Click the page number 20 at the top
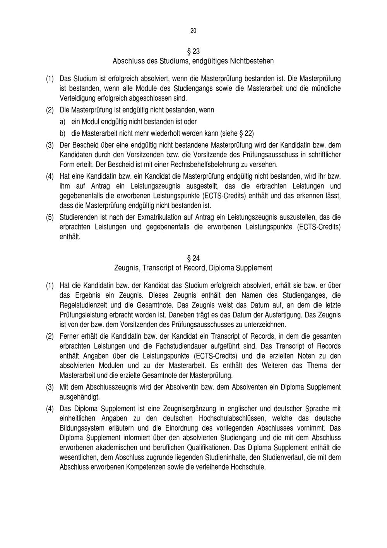(193, 31)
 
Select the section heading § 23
(193, 52)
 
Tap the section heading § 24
(193, 258)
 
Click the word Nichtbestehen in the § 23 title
(252, 61)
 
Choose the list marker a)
(62, 122)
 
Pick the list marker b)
(62, 134)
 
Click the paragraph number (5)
(50, 217)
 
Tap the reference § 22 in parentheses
(244, 134)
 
